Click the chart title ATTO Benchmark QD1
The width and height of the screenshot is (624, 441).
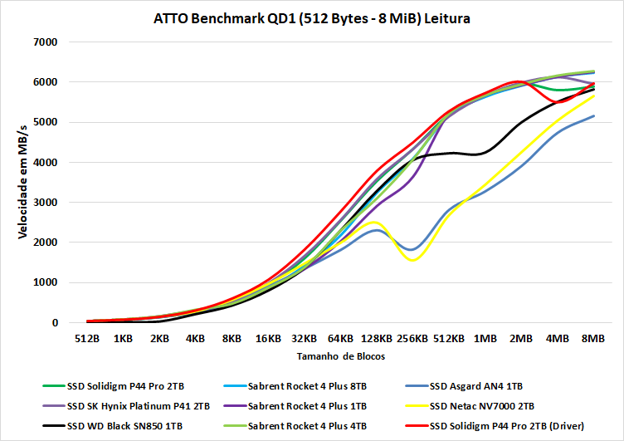pos(312,18)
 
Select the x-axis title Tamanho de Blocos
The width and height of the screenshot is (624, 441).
pos(340,355)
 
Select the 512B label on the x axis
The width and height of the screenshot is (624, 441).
pos(87,339)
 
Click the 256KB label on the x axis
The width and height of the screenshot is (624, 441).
pos(412,339)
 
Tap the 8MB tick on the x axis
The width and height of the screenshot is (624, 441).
pos(593,339)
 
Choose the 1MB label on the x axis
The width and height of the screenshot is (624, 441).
pos(485,339)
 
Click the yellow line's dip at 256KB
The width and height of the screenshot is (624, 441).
pos(412,260)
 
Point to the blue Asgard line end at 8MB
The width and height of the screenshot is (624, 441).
pos(593,116)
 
